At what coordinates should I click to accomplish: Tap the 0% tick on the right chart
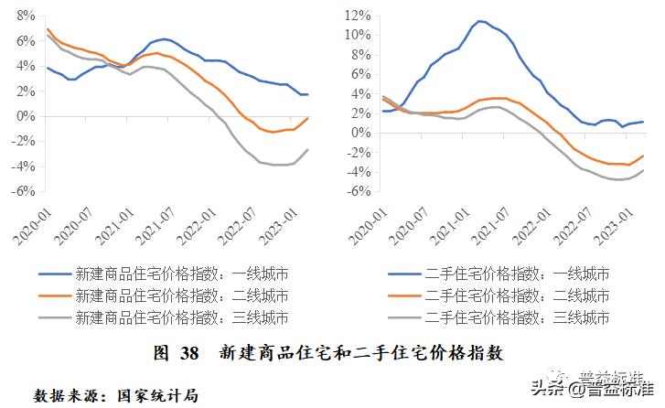pos(359,132)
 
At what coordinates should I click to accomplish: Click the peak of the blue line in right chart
pos(479,21)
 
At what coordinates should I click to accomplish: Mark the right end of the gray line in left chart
pos(307,149)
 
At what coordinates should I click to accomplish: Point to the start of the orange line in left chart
pos(48,29)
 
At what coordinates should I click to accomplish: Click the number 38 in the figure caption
pos(189,352)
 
